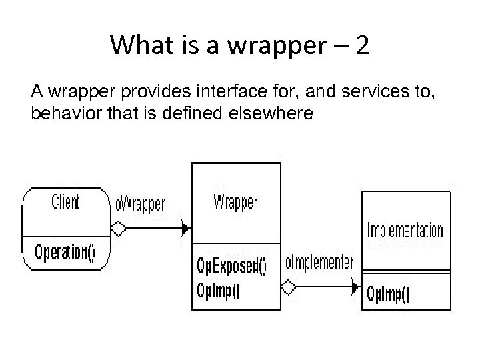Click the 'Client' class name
pos(65,201)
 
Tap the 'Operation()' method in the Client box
pos(65,253)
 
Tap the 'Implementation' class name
pos(405,231)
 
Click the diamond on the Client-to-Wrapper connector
pos(119,229)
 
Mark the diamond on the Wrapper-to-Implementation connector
pos(289,287)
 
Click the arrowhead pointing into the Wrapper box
pos(186,229)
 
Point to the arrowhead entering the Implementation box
pos(356,287)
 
